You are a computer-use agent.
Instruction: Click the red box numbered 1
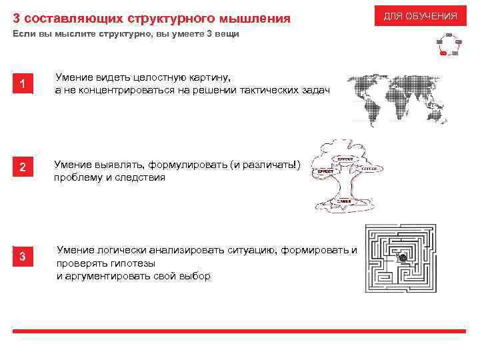(23, 85)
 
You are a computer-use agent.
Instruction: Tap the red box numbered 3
(23, 257)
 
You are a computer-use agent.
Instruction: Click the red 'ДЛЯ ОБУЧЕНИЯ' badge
(420, 15)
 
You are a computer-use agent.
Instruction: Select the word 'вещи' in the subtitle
(226, 34)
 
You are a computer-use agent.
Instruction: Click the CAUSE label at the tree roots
(344, 200)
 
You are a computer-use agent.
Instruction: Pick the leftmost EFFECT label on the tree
(325, 171)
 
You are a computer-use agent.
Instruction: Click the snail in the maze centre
(402, 257)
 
